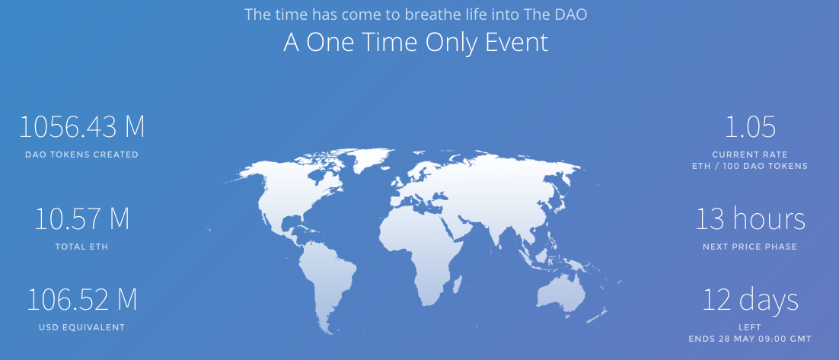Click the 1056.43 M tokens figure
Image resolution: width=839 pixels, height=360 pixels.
click(x=82, y=127)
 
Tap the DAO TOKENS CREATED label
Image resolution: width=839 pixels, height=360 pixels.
click(x=82, y=155)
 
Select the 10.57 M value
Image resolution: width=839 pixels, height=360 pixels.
click(x=82, y=219)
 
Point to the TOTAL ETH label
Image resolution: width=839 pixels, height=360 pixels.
click(x=82, y=247)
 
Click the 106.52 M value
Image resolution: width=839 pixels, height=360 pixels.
click(x=82, y=300)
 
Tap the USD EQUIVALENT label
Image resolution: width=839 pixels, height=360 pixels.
click(x=82, y=327)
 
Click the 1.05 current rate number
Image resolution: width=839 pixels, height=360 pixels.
click(x=750, y=127)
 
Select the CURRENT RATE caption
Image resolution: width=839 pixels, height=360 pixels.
click(x=750, y=155)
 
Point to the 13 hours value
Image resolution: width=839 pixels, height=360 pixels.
click(x=750, y=218)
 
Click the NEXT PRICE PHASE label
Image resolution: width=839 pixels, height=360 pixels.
click(x=750, y=247)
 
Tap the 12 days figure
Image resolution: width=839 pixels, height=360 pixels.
click(x=750, y=300)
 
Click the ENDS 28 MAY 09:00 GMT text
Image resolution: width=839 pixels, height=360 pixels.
click(x=750, y=339)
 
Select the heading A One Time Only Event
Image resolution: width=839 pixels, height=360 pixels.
click(x=416, y=43)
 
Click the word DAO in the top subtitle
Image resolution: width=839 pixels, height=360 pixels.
click(x=573, y=14)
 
